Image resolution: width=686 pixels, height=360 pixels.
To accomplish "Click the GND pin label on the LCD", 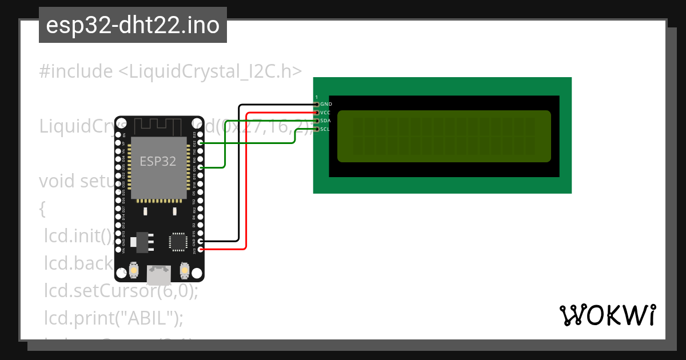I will click(x=326, y=105).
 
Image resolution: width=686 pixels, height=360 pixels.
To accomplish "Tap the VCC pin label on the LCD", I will click(x=326, y=113).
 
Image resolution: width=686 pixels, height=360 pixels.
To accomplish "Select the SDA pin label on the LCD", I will click(x=326, y=121).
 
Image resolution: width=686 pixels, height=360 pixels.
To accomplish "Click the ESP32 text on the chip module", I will click(x=158, y=161).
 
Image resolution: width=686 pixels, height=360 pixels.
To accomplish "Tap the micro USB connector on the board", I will click(x=159, y=274).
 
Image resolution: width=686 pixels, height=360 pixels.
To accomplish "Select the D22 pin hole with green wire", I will click(x=200, y=142).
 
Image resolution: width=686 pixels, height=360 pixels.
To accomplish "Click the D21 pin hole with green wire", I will click(x=200, y=168).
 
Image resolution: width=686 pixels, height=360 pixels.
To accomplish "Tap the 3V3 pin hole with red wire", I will click(x=200, y=249).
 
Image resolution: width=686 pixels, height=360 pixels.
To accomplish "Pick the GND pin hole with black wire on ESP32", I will click(x=200, y=241).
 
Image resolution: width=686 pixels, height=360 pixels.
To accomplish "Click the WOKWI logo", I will click(x=607, y=315).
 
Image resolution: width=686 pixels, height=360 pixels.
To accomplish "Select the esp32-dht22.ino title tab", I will click(x=133, y=25).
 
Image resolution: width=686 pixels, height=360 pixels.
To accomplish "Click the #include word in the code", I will click(x=76, y=71).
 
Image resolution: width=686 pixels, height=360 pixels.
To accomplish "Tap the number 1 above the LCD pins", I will click(x=316, y=97).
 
